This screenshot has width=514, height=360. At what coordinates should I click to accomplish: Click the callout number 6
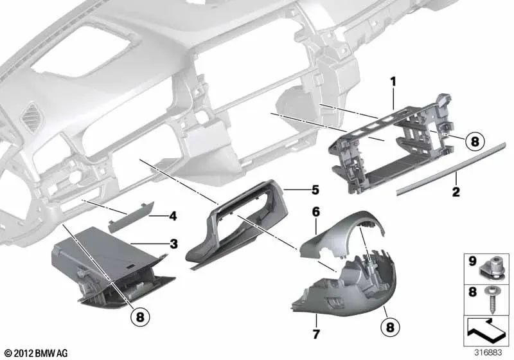315,210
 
